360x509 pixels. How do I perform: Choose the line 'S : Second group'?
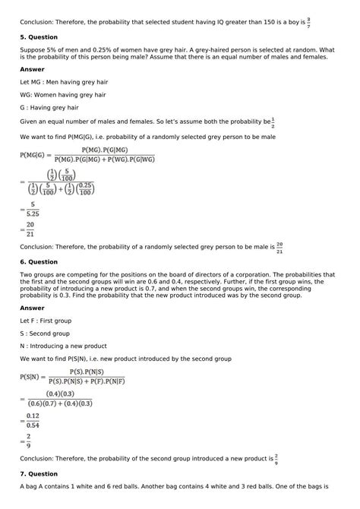(x=45, y=333)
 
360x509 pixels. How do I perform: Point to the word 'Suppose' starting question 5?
(x=33, y=51)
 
